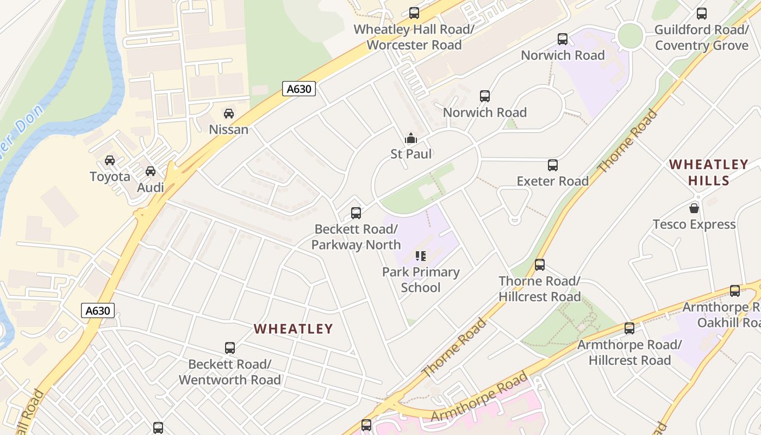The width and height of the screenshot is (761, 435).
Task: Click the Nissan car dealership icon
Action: pos(229,114)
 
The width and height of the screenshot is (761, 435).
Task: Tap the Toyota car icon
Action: pos(110,160)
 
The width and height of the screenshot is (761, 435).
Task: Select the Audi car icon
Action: pos(151,171)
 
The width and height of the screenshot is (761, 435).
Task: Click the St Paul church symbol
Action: pos(411,138)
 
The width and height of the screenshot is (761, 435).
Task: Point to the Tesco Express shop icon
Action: pos(694,208)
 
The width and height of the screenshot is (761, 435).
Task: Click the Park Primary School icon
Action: pos(421,256)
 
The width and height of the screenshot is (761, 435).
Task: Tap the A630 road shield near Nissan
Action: pos(299,88)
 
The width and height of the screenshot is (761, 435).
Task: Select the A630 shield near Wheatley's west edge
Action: pos(98,310)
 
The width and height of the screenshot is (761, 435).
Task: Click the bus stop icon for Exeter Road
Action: pos(553,165)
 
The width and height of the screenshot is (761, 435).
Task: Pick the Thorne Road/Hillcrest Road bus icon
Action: pos(540,265)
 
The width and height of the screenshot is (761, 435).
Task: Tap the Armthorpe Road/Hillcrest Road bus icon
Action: pos(629,328)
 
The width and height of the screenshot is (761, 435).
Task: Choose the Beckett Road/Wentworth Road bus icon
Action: pos(230,348)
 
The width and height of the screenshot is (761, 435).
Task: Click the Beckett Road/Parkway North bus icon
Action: pos(356,213)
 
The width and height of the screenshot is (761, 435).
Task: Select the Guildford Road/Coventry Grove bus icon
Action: pos(702,14)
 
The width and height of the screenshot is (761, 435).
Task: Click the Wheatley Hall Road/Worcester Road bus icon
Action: pos(414,13)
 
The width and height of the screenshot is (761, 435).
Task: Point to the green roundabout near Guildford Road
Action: pos(631,36)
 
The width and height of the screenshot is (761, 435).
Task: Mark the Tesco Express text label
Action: pos(694,225)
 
